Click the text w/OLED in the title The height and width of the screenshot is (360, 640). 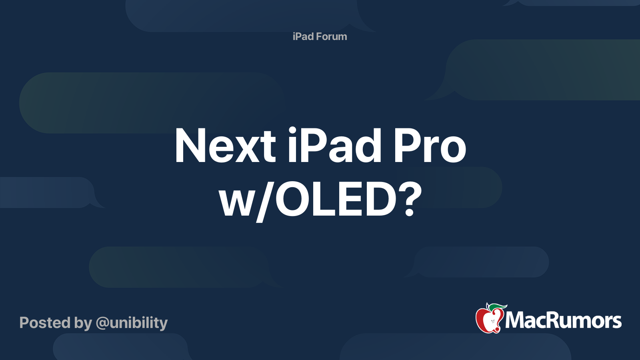point(308,199)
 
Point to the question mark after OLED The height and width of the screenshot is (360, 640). point(409,199)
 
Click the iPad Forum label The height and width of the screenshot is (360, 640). point(320,36)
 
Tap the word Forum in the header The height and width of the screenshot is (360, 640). point(331,36)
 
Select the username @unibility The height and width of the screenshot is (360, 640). point(132,323)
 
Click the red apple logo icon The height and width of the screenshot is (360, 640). point(488,320)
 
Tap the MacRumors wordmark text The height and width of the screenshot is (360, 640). point(563,320)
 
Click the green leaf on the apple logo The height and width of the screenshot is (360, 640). point(497,307)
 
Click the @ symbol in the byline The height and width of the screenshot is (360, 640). point(102,323)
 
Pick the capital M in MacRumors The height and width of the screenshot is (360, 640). point(516,320)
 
